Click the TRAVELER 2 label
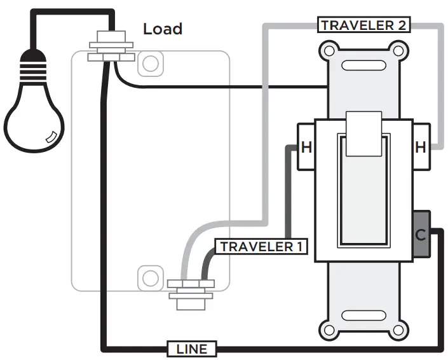click(x=364, y=25)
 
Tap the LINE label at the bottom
click(x=191, y=349)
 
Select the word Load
click(x=162, y=29)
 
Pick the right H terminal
click(x=421, y=148)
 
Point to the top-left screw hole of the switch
click(x=329, y=50)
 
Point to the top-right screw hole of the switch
click(x=398, y=50)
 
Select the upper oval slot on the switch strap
click(x=363, y=65)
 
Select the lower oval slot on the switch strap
click(x=363, y=316)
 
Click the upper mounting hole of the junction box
click(x=150, y=63)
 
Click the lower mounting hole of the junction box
click(x=150, y=277)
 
